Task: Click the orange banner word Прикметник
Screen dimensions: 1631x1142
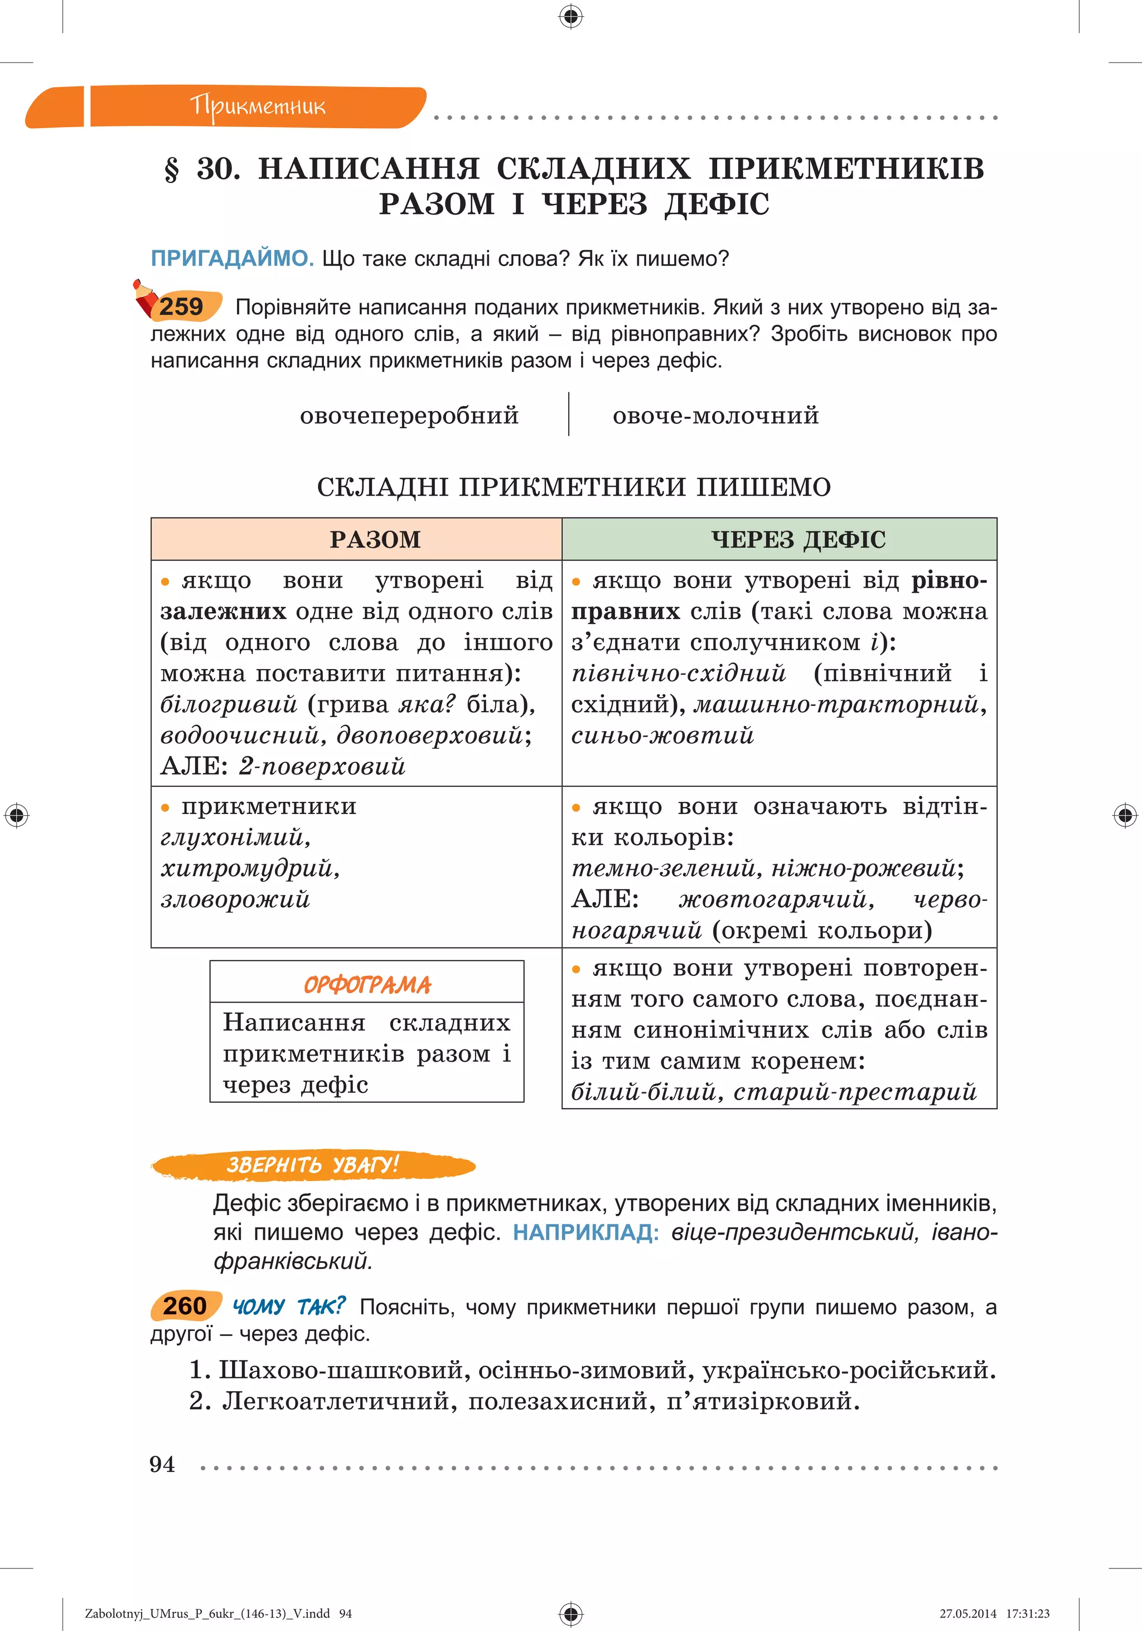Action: pos(257,106)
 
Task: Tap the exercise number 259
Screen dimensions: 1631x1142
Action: pos(181,307)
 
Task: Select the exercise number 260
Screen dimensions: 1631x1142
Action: pos(184,1306)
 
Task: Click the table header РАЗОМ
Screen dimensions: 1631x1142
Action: pos(375,539)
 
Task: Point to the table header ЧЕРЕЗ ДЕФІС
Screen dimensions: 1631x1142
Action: pos(799,539)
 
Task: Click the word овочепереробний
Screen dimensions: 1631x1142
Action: pos(409,415)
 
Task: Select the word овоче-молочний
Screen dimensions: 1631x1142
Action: pos(715,415)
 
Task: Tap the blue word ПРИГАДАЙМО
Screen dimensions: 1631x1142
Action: pos(231,259)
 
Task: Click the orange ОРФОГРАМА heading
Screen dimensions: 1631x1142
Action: pos(366,985)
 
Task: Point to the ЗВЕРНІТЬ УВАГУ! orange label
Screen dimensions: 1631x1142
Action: pos(312,1165)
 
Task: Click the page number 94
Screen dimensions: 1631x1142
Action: pos(162,1464)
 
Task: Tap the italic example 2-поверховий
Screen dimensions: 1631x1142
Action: pos(322,766)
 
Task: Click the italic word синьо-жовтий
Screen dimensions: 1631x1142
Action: pos(662,735)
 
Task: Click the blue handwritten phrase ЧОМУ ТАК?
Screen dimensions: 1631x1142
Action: pos(288,1306)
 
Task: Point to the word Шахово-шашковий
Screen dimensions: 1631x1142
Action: pos(340,1369)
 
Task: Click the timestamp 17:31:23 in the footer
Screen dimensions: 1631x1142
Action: pos(1027,1613)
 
